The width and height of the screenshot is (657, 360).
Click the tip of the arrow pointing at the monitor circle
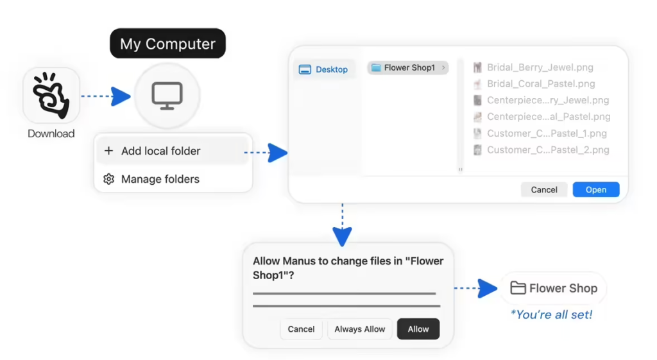pos(131,96)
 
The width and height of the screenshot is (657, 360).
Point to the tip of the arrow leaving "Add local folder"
pos(288,153)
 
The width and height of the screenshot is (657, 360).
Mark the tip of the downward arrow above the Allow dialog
pos(343,246)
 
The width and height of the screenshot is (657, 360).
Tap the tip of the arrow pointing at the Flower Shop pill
pos(497,288)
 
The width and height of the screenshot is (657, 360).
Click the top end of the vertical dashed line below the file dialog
pos(343,204)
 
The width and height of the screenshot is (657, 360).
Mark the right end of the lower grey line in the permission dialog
pos(440,306)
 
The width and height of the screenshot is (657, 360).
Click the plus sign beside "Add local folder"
pos(108,150)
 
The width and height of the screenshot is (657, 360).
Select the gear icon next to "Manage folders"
pos(108,179)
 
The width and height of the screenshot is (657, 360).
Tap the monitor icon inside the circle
pos(167,96)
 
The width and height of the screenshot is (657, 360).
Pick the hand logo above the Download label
pos(51,95)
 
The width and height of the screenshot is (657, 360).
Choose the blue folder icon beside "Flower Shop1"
pos(376,67)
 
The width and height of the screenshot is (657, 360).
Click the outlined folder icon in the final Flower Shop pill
pos(518,288)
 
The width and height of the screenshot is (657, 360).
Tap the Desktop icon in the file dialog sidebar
pos(305,69)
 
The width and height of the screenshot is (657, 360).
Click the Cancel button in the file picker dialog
pos(544,189)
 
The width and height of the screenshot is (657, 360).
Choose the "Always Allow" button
pos(359,329)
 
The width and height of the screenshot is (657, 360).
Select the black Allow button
pos(418,329)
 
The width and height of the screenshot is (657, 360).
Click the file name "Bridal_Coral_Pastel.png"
pos(541,84)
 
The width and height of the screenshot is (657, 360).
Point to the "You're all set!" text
pos(551,314)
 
